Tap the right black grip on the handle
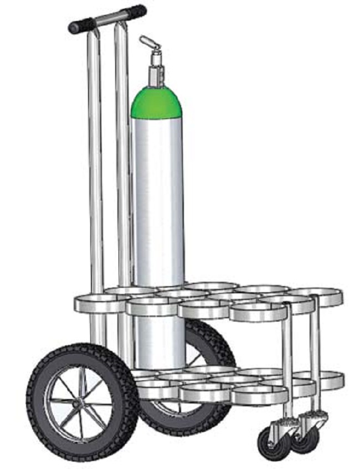[x=135, y=11]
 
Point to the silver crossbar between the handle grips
[x=109, y=18]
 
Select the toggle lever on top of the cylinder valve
[x=148, y=42]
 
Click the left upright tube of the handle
[x=96, y=166]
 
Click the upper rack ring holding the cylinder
[x=152, y=306]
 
